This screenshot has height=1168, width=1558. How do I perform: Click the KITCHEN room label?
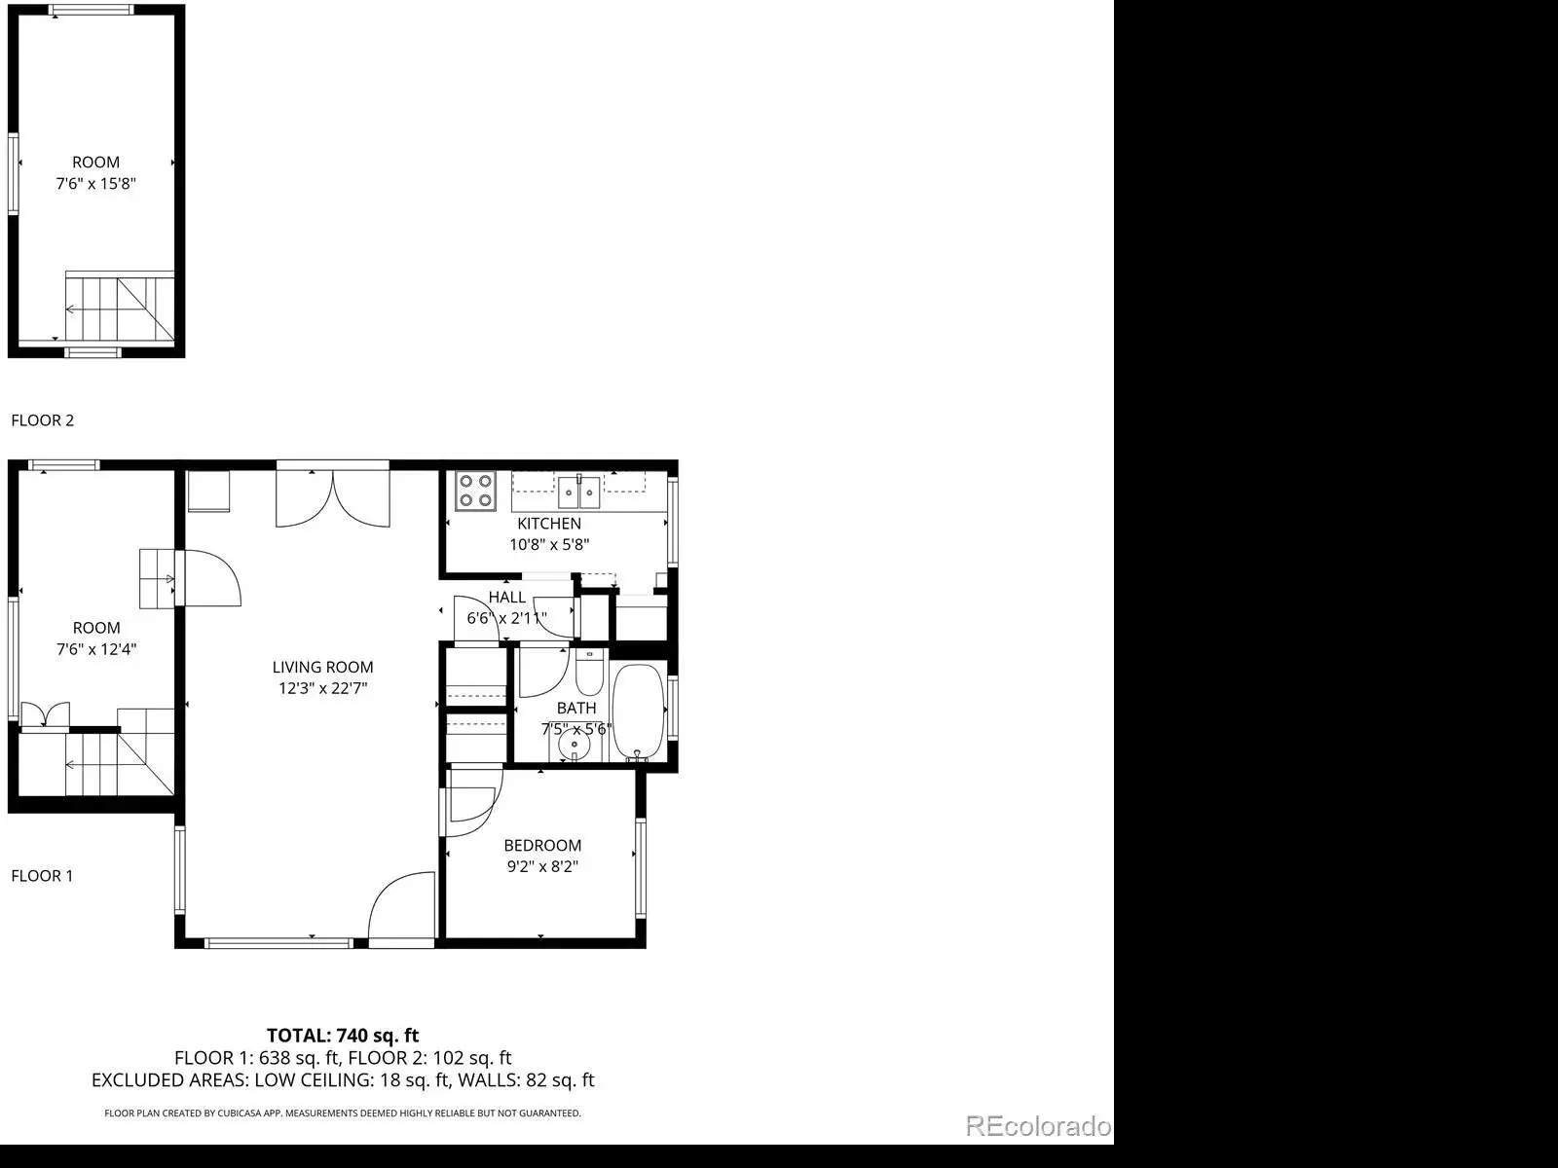point(548,524)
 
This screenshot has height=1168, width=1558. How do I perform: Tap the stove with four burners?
point(475,491)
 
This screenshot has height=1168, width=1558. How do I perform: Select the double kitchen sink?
point(578,493)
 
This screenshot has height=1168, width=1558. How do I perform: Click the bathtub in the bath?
point(638,712)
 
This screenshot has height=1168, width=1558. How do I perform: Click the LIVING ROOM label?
point(322,668)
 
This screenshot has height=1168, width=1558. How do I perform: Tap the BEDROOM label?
point(542,845)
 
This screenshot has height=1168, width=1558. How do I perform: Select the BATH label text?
point(576,708)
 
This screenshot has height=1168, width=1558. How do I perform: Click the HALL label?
point(506,597)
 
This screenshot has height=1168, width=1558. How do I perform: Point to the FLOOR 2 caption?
point(43,420)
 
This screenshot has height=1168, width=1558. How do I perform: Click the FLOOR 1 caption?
point(42,876)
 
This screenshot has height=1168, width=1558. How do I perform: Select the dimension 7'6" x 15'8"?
point(95,184)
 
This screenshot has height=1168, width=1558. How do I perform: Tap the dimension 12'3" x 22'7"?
point(323,688)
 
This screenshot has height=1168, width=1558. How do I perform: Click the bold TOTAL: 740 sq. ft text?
point(343,1036)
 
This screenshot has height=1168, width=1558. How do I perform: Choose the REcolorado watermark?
point(1038,1125)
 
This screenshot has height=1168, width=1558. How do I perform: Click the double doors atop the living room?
point(333,500)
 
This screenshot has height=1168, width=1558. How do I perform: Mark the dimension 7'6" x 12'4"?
point(96,649)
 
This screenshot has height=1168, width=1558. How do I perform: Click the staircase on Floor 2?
point(119,308)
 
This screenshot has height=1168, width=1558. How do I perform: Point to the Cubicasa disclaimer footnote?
point(343,1113)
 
